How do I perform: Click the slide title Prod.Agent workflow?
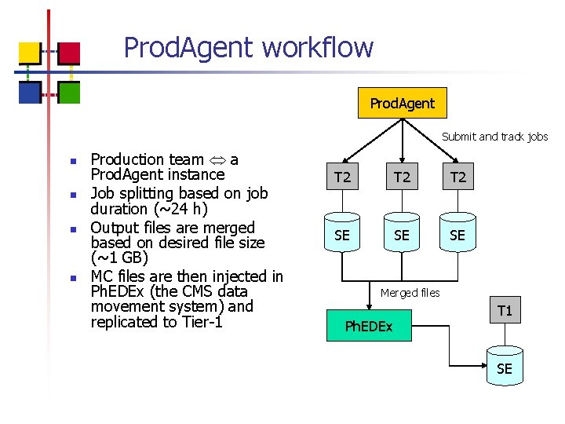click(248, 48)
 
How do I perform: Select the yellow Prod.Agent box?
click(402, 103)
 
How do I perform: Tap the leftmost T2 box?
click(343, 177)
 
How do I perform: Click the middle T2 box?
click(402, 177)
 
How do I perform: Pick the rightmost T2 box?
click(458, 177)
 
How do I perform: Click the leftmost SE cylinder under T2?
click(343, 235)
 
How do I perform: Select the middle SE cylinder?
click(402, 235)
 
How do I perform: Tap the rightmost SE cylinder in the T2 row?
click(458, 235)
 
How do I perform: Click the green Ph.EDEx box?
click(369, 326)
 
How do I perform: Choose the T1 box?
click(505, 311)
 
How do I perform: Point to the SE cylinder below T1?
click(505, 368)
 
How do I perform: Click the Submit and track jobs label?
click(494, 137)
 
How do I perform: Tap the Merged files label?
click(410, 293)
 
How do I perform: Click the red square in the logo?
click(69, 53)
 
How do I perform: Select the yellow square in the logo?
click(30, 53)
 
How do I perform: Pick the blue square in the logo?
click(30, 93)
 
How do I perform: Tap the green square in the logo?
click(69, 93)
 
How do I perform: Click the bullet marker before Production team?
click(71, 162)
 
